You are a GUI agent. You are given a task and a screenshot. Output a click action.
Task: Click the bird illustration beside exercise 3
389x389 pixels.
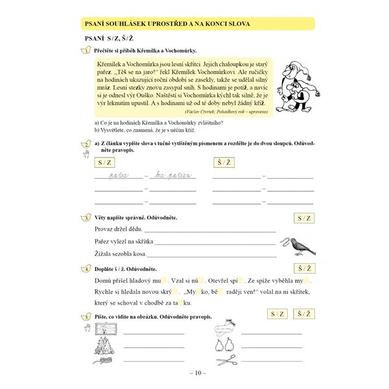tap(299, 246)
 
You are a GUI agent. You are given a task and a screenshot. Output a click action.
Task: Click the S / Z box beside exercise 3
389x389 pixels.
tap(303, 218)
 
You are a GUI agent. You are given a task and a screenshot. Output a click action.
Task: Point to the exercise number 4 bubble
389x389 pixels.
tap(85, 268)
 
